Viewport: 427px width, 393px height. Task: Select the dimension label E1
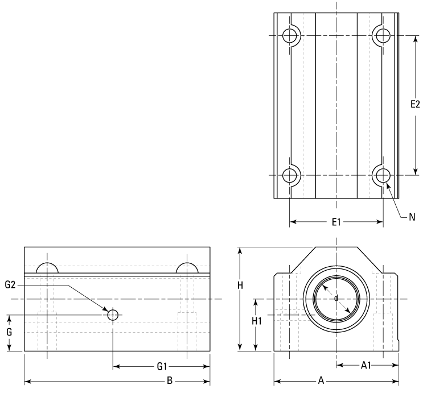point(336,222)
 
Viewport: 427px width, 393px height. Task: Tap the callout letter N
point(412,217)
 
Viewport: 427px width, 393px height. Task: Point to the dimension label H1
point(256,321)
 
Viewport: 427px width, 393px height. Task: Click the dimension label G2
point(11,285)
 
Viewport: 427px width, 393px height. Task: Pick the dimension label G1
point(162,367)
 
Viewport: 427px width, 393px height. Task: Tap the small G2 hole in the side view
point(113,315)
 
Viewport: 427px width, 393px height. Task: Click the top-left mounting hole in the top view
point(290,35)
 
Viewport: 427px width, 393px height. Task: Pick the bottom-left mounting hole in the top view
point(290,175)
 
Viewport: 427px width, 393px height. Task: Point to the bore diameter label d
point(336,298)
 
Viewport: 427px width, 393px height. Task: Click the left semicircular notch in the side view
point(47,268)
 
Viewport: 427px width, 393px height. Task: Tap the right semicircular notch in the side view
point(187,268)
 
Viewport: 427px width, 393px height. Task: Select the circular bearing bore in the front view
point(336,299)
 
